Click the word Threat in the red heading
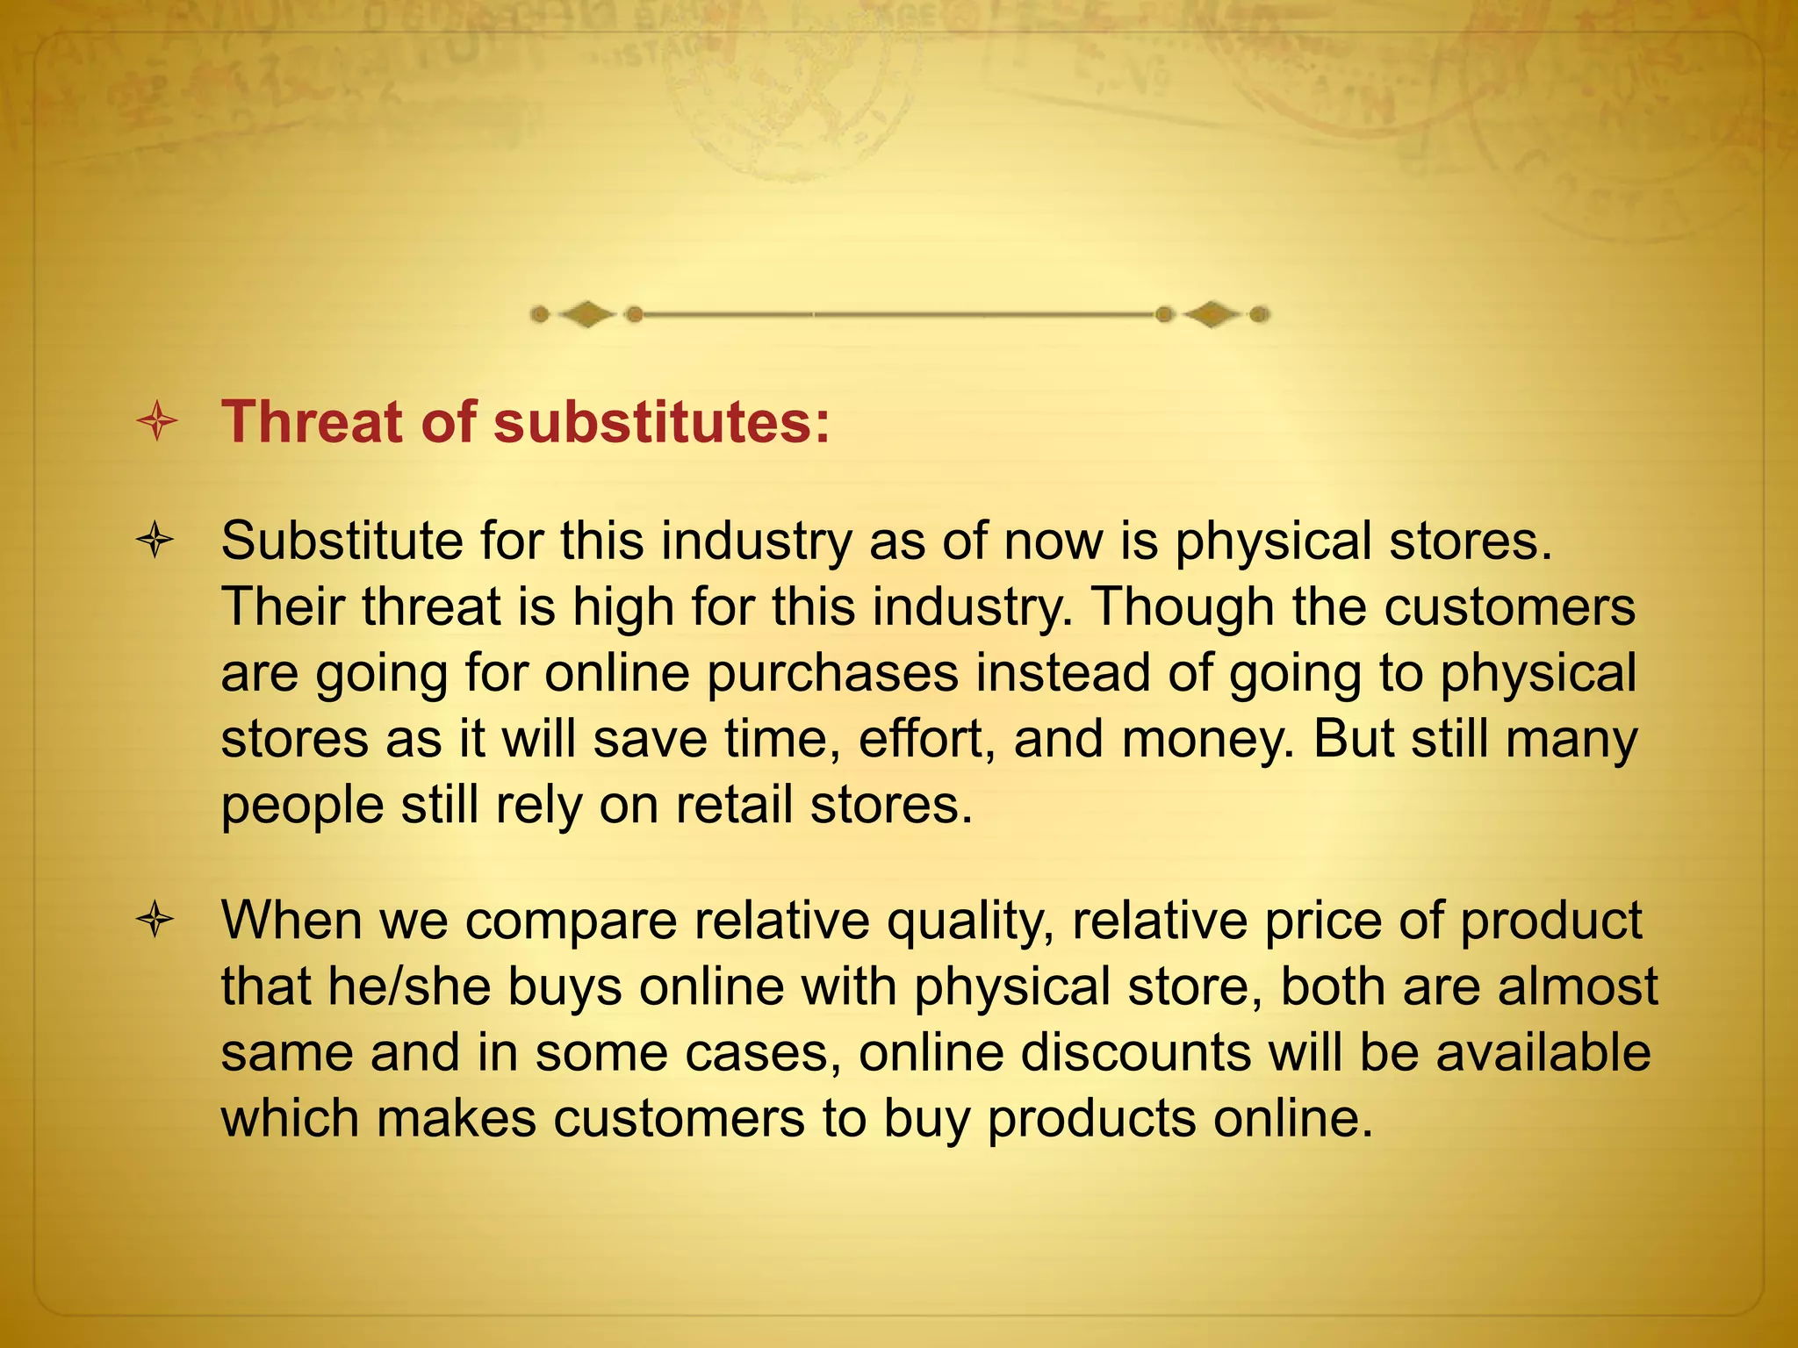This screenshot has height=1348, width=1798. (x=312, y=423)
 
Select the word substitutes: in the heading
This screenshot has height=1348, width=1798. (x=662, y=423)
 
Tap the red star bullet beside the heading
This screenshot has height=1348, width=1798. (x=157, y=423)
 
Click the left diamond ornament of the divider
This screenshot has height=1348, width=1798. (x=586, y=314)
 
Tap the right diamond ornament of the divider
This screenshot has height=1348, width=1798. (x=1212, y=314)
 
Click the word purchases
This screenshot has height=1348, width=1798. (x=832, y=674)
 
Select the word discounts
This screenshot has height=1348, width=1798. (x=1127, y=1053)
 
